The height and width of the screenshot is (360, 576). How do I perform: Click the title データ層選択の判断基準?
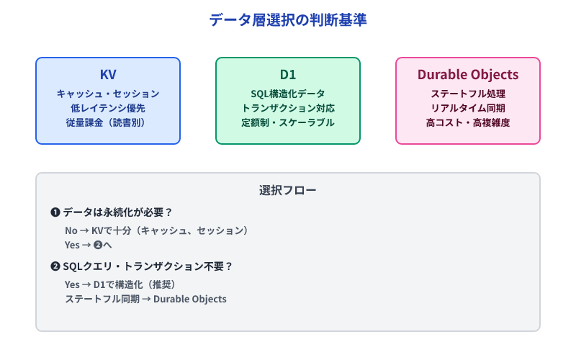click(288, 20)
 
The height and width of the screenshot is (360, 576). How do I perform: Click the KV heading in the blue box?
click(108, 75)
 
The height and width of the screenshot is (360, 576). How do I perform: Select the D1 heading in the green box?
click(288, 75)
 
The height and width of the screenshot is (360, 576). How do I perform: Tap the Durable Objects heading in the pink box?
click(468, 75)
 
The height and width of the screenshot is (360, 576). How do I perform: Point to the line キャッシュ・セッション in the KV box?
click(108, 94)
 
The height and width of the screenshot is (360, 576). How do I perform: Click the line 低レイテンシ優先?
click(108, 108)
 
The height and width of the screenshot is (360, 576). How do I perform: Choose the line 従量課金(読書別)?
click(108, 122)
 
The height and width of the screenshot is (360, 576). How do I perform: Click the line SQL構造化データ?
click(288, 94)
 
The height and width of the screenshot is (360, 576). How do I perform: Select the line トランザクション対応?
click(288, 108)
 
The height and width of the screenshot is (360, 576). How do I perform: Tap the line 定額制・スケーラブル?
click(288, 122)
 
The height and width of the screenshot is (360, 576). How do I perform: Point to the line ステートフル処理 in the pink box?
click(468, 94)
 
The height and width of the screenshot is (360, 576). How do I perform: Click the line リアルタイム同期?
click(468, 108)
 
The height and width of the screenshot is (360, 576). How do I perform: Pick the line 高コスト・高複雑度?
click(468, 122)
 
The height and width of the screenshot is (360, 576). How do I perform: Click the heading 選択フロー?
click(288, 191)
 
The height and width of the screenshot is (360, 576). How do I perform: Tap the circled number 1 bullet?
click(55, 212)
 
